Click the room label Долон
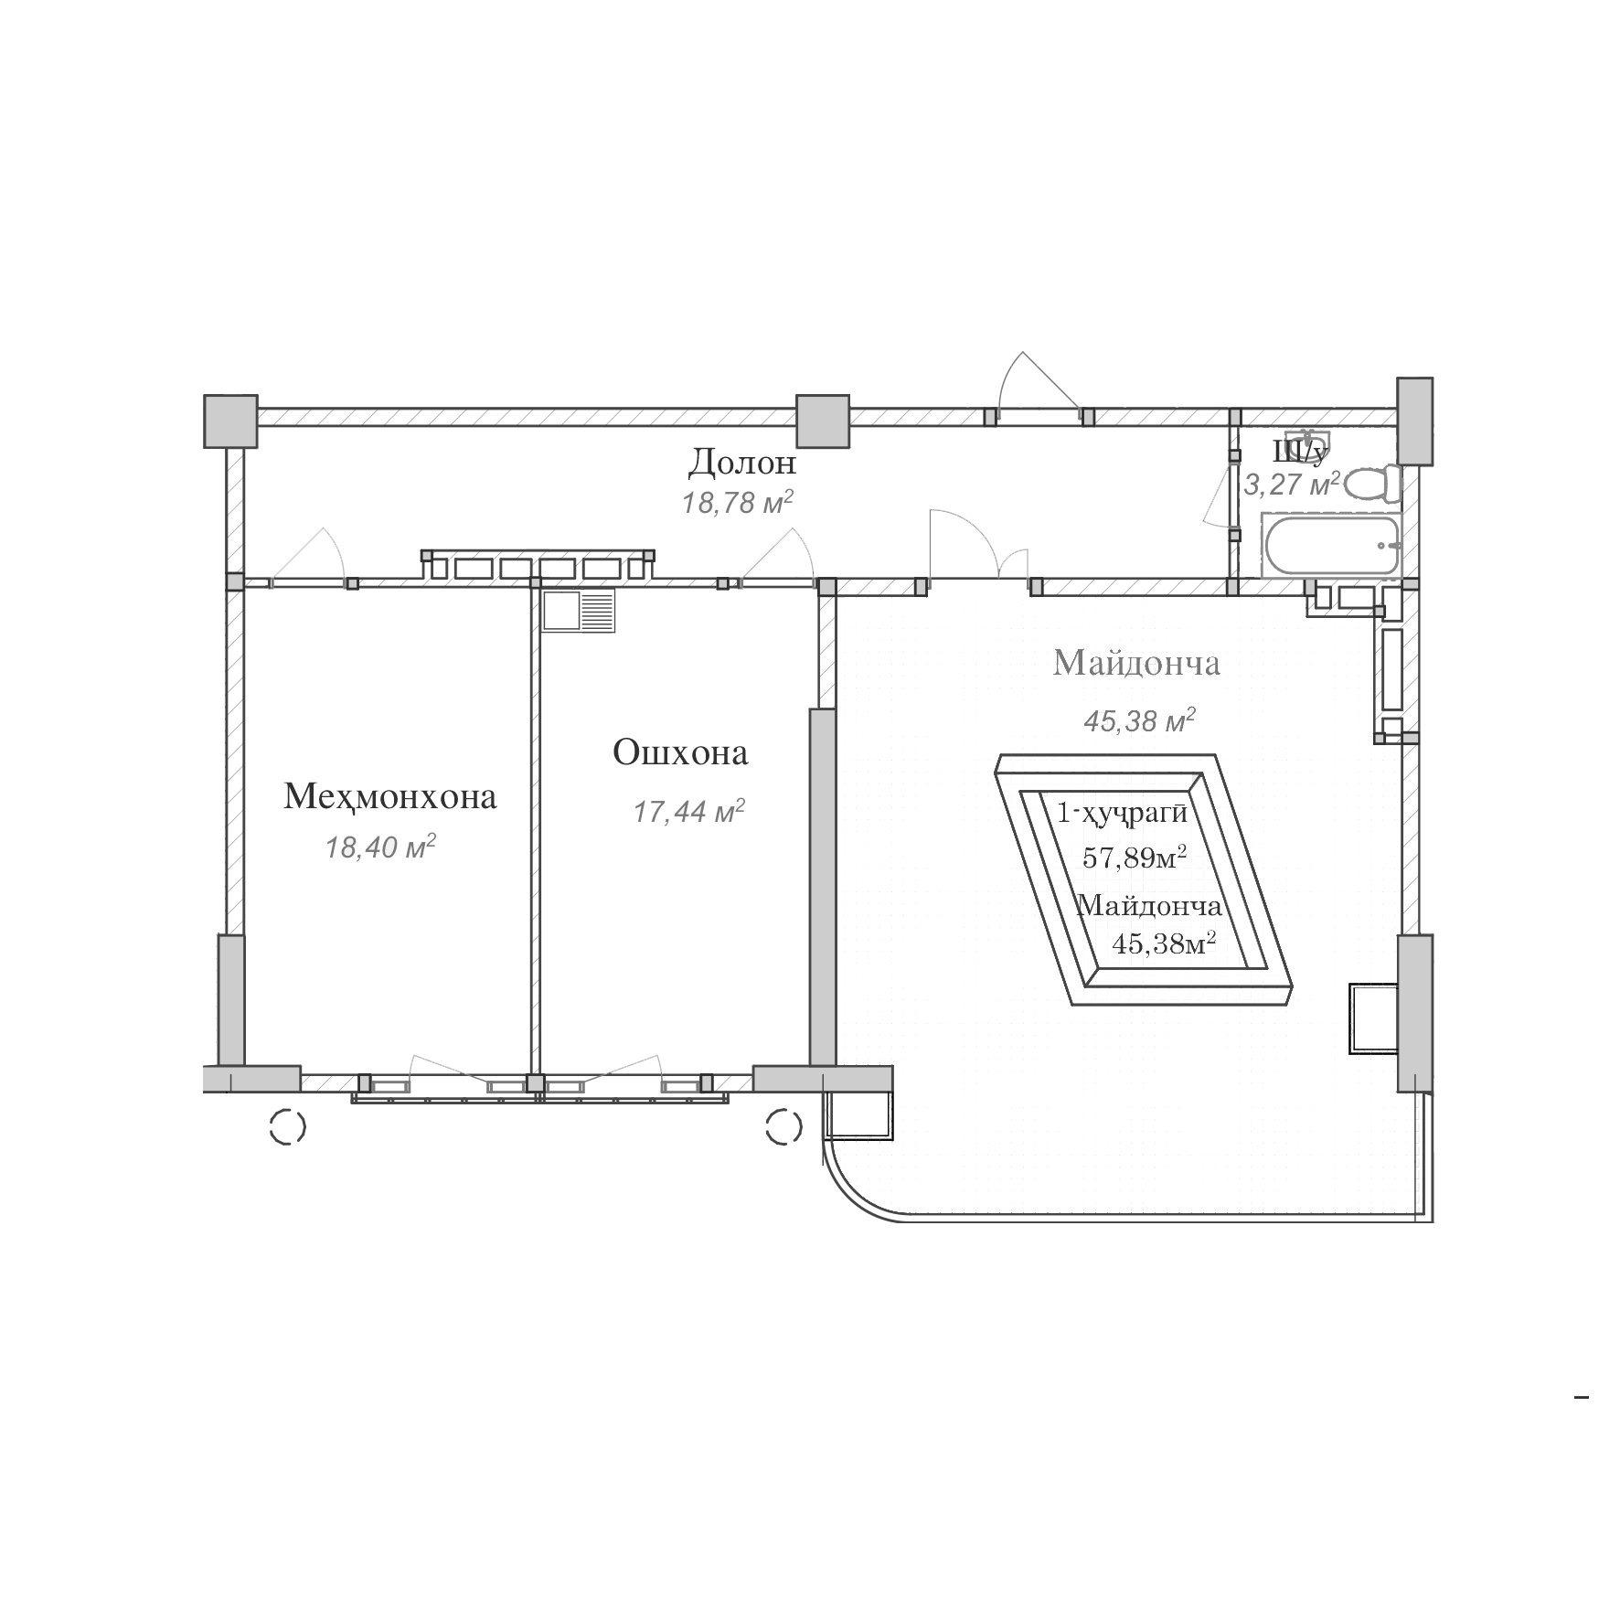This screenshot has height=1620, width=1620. coord(741,463)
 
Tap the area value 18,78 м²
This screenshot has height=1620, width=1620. coord(737,502)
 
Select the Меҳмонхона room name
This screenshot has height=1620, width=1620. coord(390,797)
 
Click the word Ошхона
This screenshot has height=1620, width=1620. coord(680,753)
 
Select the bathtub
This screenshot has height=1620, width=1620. coord(1332,546)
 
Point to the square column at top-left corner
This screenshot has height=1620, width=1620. coord(229,421)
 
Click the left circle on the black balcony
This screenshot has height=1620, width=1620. coord(289,1126)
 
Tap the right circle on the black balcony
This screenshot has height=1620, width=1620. coord(783,1126)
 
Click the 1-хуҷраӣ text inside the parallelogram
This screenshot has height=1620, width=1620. coord(1121,812)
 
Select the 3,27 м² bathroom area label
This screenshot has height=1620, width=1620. coord(1293,483)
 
